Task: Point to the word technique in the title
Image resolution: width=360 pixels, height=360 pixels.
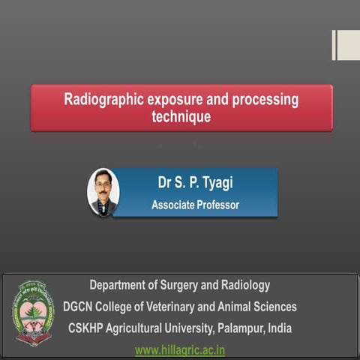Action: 181,117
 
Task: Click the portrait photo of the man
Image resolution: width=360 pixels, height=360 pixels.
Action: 103,192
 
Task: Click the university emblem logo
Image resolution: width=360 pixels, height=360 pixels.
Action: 34,313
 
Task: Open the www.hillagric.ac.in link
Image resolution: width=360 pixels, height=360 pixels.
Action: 180,350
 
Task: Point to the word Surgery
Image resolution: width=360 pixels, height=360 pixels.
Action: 180,285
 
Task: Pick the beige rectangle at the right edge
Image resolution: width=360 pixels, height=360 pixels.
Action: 346,45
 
